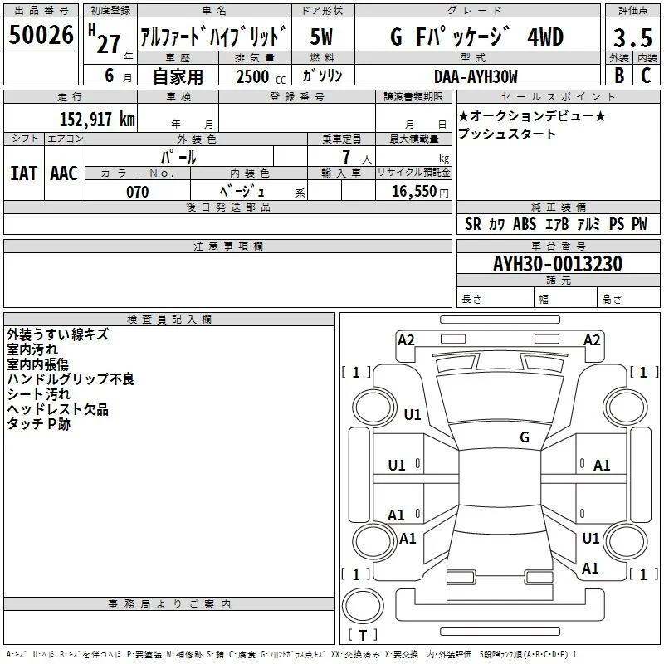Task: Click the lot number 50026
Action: tap(41, 35)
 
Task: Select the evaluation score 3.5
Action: tap(632, 37)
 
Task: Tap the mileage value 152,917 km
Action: tap(97, 119)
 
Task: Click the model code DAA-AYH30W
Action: tap(476, 76)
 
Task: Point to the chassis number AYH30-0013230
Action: tap(558, 264)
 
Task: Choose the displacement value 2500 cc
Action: tap(261, 76)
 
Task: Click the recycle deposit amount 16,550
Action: tap(413, 192)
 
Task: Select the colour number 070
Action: tap(138, 192)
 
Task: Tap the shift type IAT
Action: tap(24, 173)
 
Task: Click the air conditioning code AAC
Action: tap(64, 173)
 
